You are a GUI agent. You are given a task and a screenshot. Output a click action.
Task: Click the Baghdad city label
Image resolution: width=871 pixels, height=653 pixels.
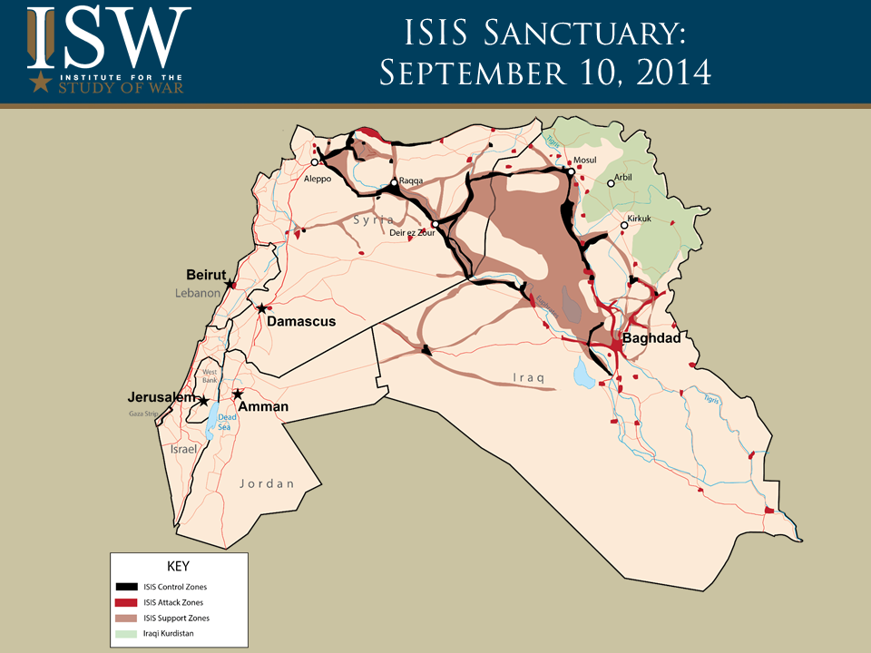(x=651, y=338)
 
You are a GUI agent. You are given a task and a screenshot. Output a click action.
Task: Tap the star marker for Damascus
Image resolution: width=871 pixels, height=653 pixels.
(x=261, y=308)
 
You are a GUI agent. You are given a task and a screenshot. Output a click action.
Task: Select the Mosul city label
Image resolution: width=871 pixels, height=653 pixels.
(x=585, y=161)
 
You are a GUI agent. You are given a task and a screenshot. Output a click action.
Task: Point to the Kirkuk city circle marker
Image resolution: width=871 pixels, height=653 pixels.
(x=624, y=225)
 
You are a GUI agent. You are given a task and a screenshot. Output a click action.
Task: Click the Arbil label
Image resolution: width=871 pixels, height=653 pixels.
(x=623, y=178)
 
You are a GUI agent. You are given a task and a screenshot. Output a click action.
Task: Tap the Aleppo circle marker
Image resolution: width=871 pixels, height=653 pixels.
(x=315, y=162)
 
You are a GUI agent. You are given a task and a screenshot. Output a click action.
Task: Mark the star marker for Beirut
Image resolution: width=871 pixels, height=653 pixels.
(x=229, y=283)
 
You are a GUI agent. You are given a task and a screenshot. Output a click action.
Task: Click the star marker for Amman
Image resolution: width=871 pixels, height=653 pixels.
(x=238, y=395)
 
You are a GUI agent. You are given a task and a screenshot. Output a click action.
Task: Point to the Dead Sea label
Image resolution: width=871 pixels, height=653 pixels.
(x=226, y=421)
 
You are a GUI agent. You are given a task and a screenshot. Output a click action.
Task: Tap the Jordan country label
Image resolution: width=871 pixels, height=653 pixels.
(x=267, y=483)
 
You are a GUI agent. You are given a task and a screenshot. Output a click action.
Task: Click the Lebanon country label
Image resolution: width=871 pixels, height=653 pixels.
(x=198, y=293)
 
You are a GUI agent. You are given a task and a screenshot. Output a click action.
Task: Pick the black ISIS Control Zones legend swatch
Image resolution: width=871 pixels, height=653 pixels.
(x=126, y=587)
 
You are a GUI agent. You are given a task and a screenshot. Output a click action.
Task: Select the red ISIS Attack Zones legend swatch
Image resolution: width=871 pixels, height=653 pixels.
(x=126, y=602)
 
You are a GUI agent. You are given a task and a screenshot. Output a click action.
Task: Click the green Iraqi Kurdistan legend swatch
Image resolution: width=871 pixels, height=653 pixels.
(x=126, y=633)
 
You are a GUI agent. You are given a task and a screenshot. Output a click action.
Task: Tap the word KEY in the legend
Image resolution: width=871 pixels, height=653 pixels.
(x=178, y=566)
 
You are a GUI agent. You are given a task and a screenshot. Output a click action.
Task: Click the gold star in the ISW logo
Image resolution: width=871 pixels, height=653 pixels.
(x=40, y=83)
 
